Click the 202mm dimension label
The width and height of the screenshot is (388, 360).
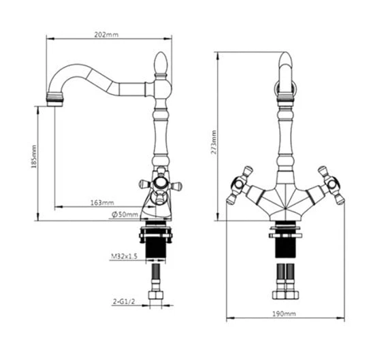106,35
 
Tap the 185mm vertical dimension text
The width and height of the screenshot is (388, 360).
33,157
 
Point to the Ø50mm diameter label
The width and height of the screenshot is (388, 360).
125,214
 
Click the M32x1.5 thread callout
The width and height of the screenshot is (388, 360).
124,257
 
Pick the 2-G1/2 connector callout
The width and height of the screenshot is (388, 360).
124,301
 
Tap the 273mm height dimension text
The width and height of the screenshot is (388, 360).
214,142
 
